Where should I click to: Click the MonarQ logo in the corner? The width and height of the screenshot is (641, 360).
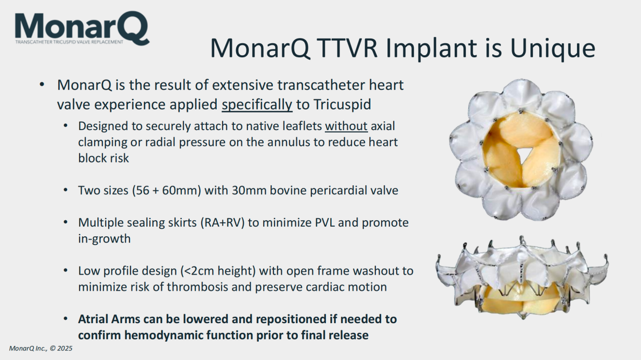click(x=82, y=28)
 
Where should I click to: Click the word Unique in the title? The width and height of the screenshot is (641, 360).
click(x=553, y=49)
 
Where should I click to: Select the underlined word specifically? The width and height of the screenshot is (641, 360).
click(x=257, y=104)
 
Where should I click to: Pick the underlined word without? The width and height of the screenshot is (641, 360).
click(x=346, y=126)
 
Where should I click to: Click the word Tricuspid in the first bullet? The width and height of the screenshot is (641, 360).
click(x=342, y=104)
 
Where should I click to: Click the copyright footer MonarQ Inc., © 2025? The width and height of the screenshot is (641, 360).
click(x=41, y=348)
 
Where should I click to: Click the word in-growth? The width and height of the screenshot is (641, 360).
click(x=104, y=239)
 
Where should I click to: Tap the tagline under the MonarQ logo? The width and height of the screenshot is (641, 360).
click(x=69, y=42)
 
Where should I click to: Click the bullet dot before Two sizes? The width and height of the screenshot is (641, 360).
click(x=65, y=190)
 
